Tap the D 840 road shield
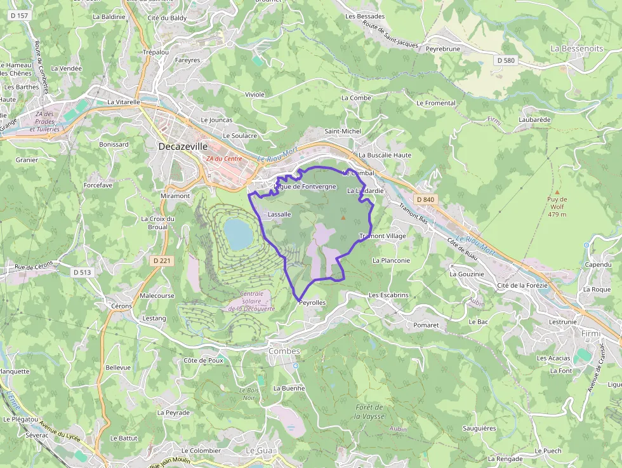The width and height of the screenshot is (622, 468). pos(426,199)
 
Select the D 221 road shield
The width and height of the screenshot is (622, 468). pos(162,260)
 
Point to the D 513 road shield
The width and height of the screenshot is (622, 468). pos(82,272)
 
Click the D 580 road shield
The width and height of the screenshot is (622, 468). pos(505,60)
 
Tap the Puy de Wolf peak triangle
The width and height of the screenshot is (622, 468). pos(557,191)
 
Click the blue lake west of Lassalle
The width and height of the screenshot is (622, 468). pos(238,234)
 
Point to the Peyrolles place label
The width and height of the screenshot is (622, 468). pos(312,303)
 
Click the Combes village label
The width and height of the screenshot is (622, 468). pos(284,351)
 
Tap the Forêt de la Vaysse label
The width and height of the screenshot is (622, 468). pos(369,411)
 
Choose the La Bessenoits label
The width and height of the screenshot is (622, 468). pos(576,48)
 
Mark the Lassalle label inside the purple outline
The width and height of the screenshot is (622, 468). pos(279,214)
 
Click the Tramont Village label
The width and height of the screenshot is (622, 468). pos(383,236)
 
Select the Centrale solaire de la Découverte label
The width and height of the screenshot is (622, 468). pos(251,301)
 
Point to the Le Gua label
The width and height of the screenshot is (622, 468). pos(258,450)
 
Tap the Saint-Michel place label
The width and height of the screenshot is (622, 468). pos(343,131)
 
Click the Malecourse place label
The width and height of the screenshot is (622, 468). pos(157,296)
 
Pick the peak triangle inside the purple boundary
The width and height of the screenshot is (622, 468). pos(343,218)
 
